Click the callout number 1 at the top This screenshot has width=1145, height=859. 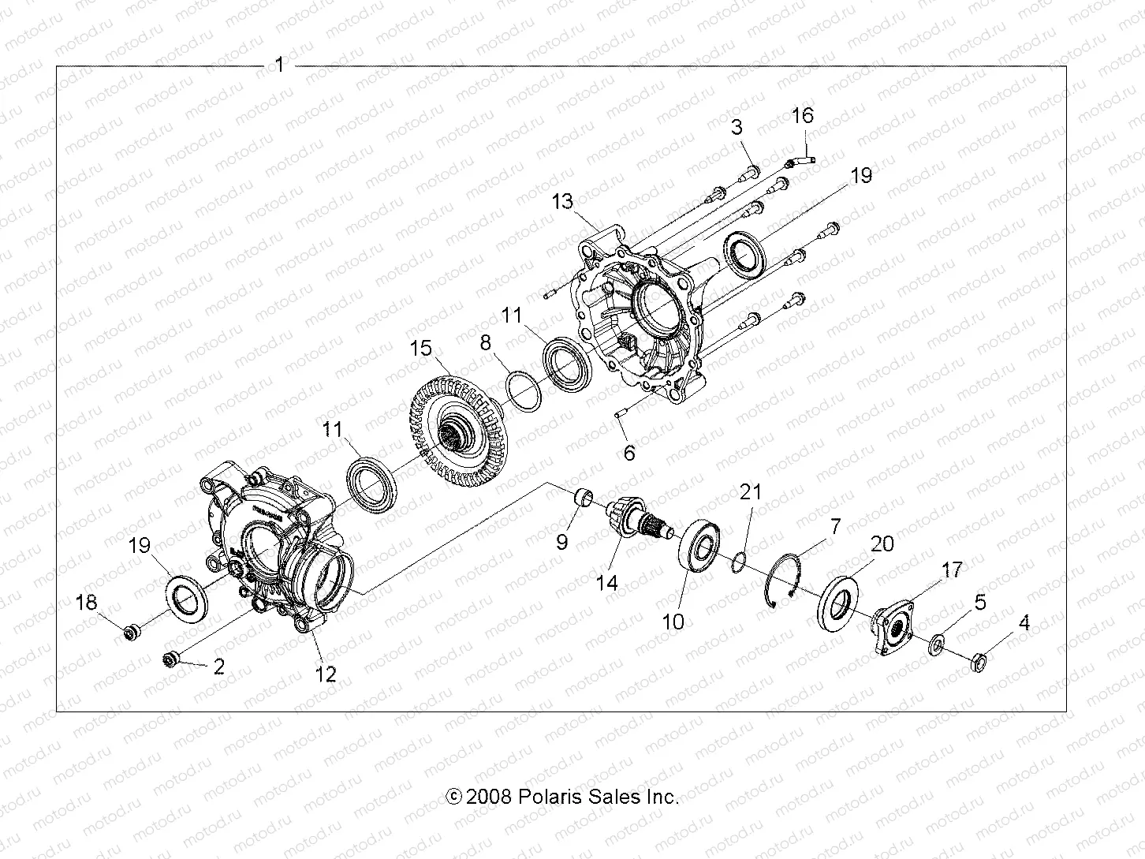(279, 65)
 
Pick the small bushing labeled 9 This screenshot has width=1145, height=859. (582, 500)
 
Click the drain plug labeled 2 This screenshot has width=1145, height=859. (172, 658)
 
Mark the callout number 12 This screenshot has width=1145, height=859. (325, 674)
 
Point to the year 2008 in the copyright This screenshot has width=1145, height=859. (490, 797)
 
